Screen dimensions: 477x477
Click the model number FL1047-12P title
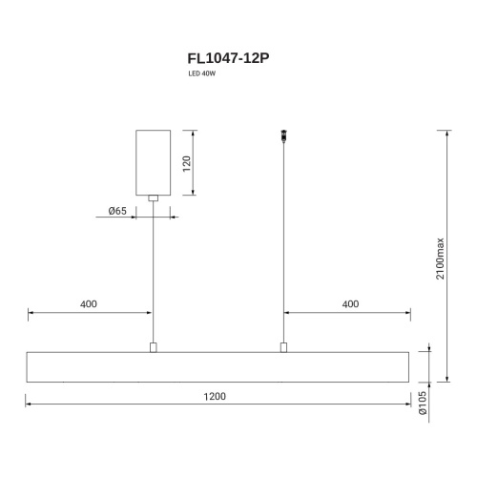click(228, 57)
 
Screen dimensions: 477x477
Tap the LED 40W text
click(201, 75)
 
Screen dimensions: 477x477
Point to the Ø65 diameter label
click(116, 210)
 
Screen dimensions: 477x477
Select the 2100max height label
click(440, 257)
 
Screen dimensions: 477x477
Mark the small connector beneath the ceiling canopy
click(153, 198)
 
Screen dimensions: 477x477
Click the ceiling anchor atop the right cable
click(282, 135)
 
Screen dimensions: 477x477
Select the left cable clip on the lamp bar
click(153, 347)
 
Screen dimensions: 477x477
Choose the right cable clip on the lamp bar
click(282, 347)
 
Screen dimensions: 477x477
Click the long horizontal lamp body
click(218, 367)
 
